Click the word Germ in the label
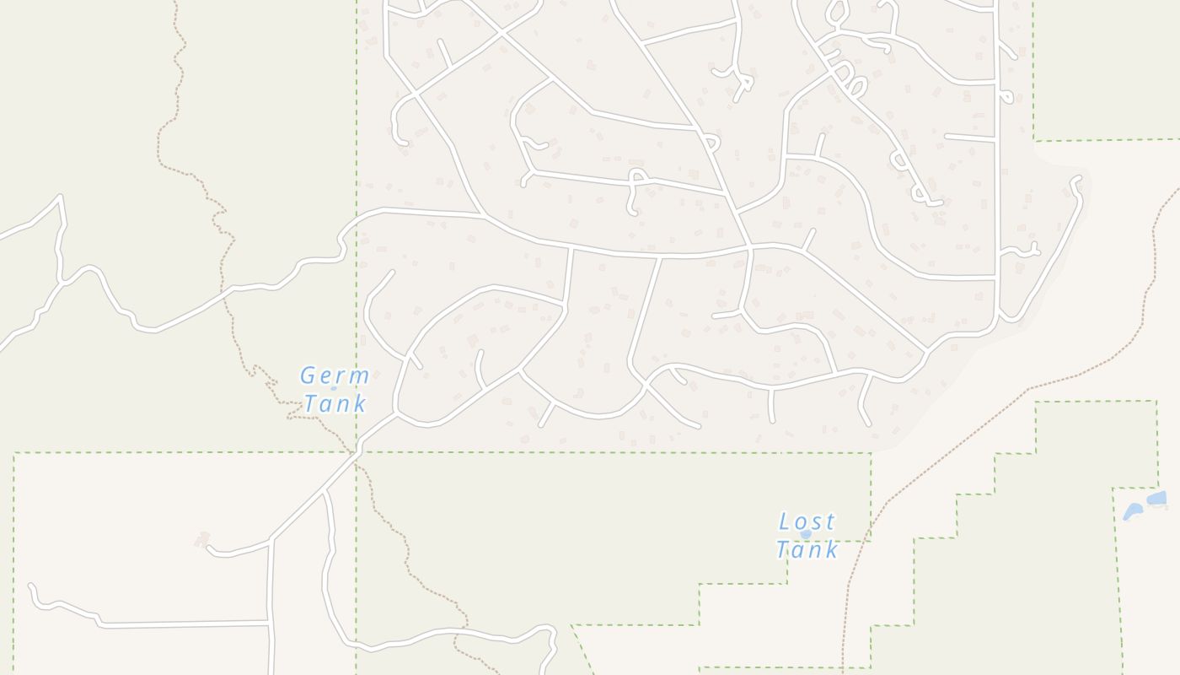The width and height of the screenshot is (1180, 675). pyautogui.click(x=335, y=375)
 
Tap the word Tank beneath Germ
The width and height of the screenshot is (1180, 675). pyautogui.click(x=335, y=403)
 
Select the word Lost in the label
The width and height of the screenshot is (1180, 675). pyautogui.click(x=807, y=521)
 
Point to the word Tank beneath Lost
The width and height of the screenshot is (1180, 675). pyautogui.click(x=807, y=549)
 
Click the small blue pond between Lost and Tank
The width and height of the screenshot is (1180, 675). pyautogui.click(x=806, y=534)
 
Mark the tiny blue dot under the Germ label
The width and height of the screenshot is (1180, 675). pyautogui.click(x=333, y=389)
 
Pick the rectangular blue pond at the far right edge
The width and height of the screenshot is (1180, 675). pyautogui.click(x=1158, y=499)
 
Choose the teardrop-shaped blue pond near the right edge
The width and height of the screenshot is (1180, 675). pyautogui.click(x=1133, y=511)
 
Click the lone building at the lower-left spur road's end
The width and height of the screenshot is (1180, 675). pyautogui.click(x=202, y=538)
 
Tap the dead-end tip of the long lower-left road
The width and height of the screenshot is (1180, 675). pyautogui.click(x=31, y=586)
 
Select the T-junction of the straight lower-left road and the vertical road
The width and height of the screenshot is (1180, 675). pyautogui.click(x=269, y=624)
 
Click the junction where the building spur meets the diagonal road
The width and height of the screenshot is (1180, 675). pyautogui.click(x=270, y=538)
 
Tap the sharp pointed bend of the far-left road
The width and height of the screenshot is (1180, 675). pyautogui.click(x=61, y=197)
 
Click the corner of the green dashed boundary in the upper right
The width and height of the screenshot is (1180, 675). pyautogui.click(x=1034, y=140)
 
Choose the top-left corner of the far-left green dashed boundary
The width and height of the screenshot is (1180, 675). pyautogui.click(x=14, y=454)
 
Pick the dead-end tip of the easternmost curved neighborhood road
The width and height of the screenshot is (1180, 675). pyautogui.click(x=1076, y=179)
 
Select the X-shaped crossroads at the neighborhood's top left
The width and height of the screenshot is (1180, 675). pyautogui.click(x=501, y=33)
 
